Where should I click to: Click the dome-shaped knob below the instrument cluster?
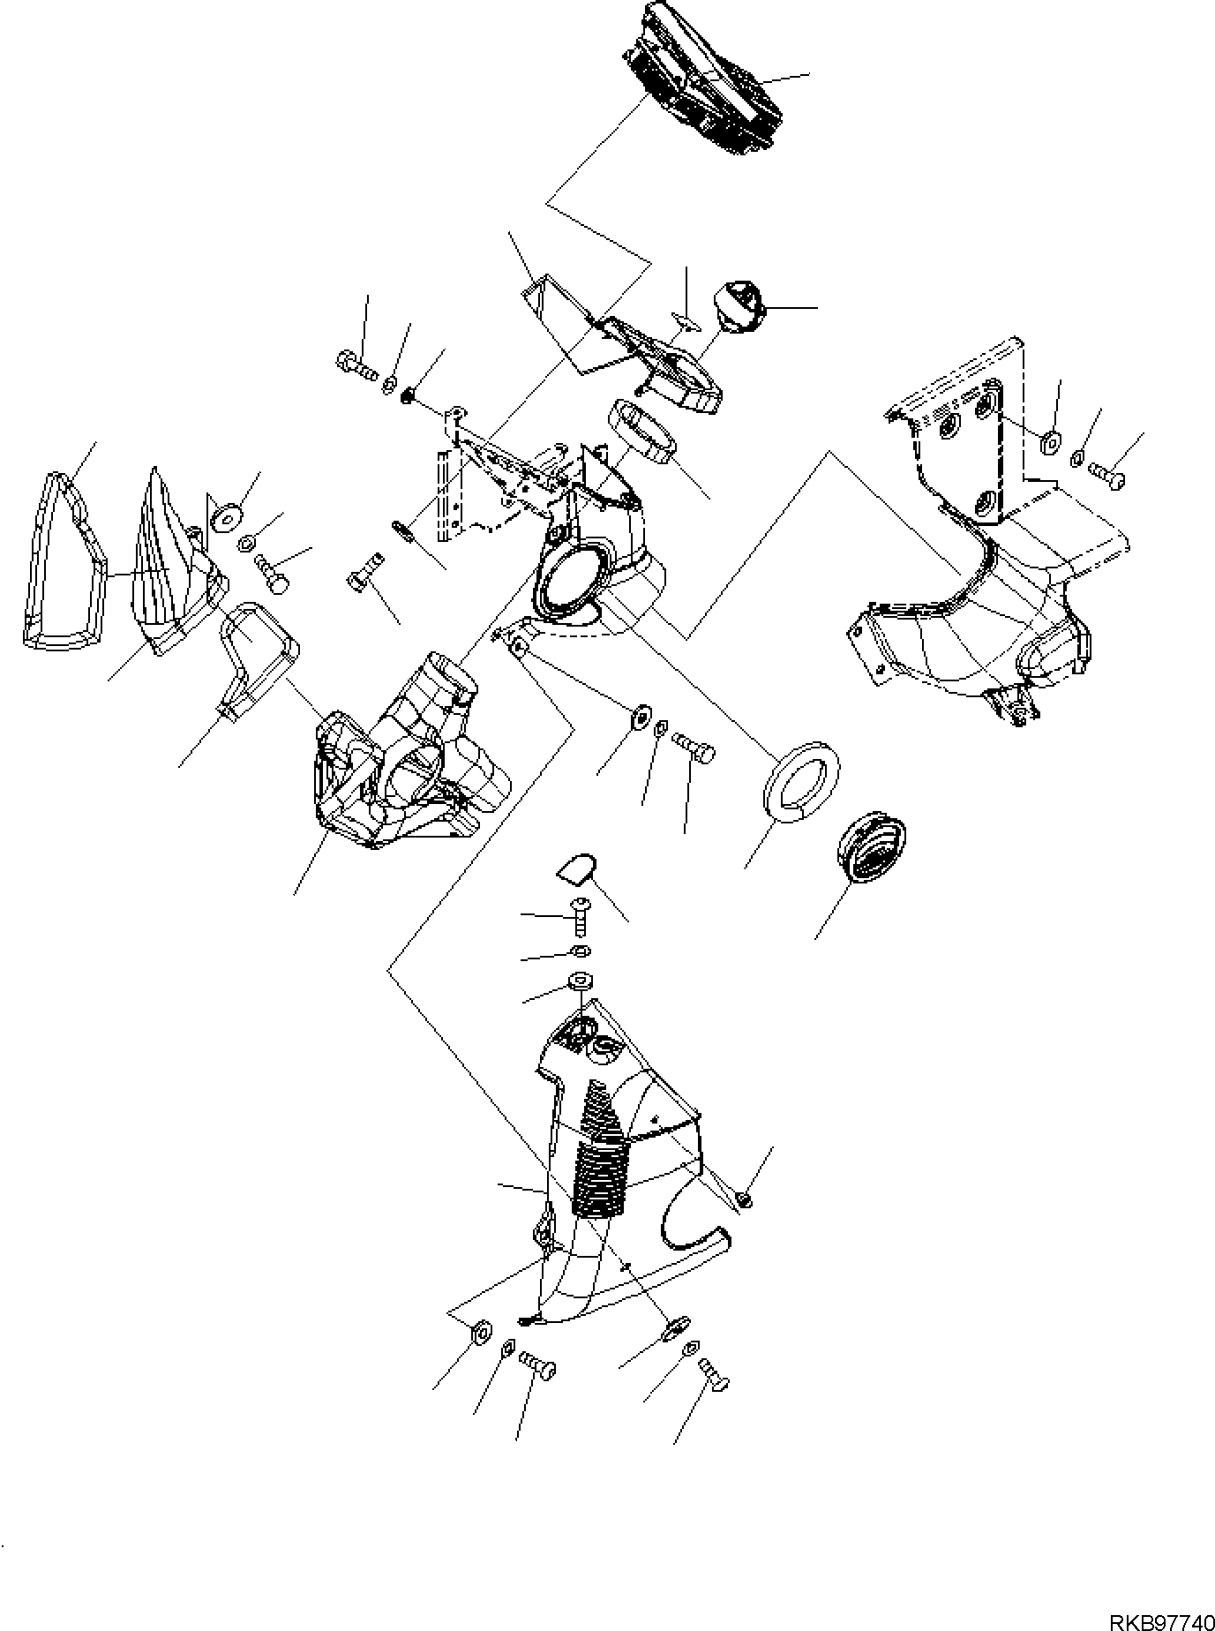739,306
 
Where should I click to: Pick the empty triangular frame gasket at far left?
62,560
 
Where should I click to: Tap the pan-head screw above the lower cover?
581,917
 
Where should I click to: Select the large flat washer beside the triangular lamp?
226,515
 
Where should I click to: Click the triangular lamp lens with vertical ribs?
171,563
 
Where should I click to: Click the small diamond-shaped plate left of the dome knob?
684,319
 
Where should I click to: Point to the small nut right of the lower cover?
743,1199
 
